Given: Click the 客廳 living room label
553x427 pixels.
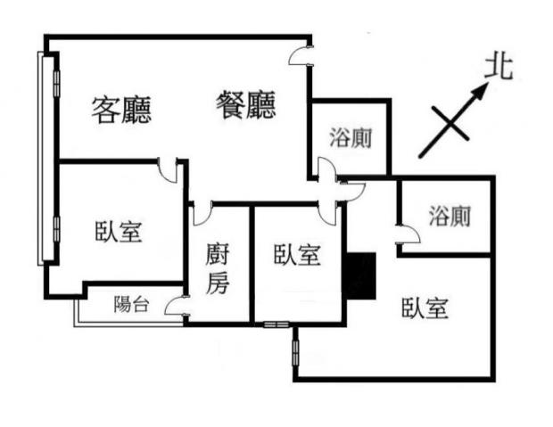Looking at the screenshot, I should pyautogui.click(x=122, y=109).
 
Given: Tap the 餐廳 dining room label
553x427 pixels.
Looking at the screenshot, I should pyautogui.click(x=246, y=106).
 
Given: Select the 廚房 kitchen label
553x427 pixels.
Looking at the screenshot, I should pyautogui.click(x=219, y=269).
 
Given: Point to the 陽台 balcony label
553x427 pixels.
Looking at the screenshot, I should pyautogui.click(x=131, y=304).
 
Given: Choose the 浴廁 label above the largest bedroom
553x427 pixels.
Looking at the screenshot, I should pyautogui.click(x=449, y=216).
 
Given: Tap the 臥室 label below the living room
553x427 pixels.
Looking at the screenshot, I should pyautogui.click(x=119, y=232).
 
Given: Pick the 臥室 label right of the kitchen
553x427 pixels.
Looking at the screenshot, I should pyautogui.click(x=297, y=255).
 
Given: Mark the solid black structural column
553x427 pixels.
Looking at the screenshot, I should pyautogui.click(x=359, y=275).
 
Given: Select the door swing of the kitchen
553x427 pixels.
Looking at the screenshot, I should pyautogui.click(x=201, y=214).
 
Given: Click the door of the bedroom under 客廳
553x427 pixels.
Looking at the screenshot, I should pyautogui.click(x=168, y=169).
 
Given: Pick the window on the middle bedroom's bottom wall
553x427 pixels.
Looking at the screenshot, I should pyautogui.click(x=275, y=323).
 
